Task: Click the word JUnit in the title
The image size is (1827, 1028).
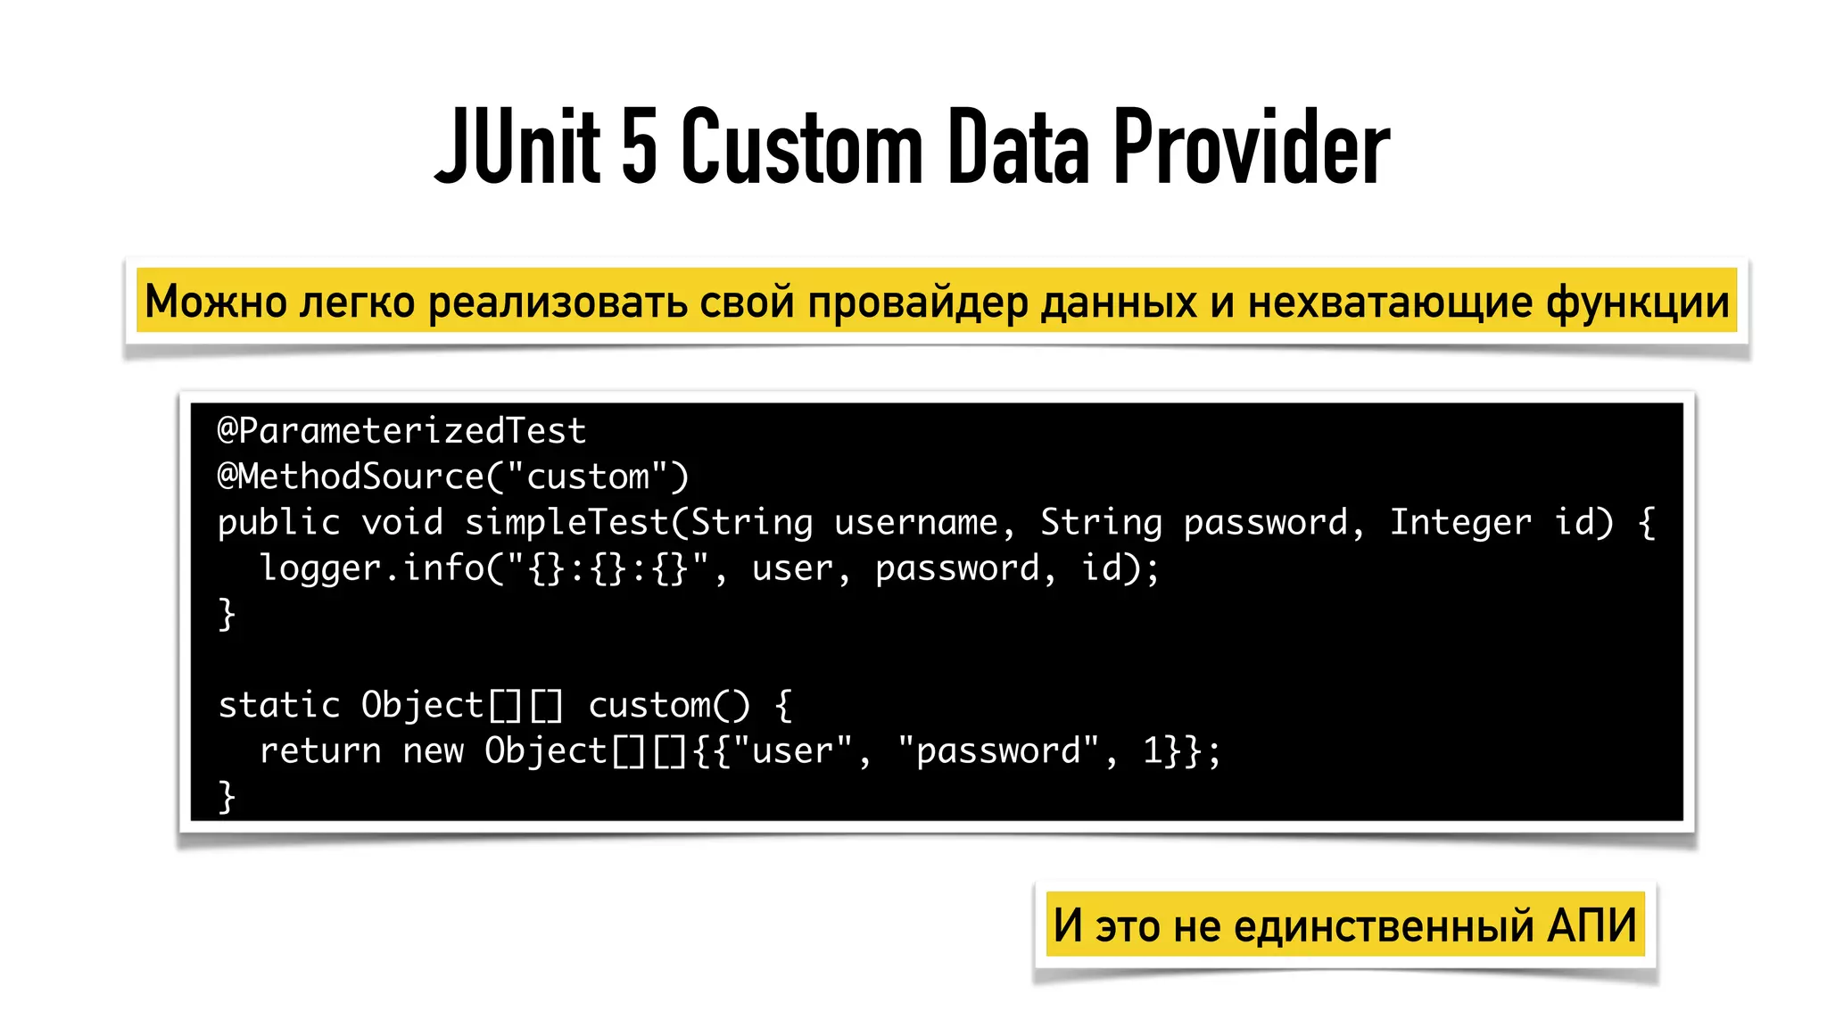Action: [517, 147]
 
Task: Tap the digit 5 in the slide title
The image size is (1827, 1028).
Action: [639, 147]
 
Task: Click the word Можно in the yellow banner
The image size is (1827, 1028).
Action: [215, 302]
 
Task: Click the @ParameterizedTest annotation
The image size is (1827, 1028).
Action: [401, 431]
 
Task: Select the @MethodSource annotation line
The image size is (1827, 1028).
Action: [453, 477]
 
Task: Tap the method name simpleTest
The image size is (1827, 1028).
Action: [566, 523]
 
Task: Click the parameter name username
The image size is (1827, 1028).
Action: [915, 523]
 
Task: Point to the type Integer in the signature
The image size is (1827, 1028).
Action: [1460, 523]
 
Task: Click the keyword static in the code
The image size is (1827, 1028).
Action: [279, 706]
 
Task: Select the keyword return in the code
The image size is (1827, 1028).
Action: [320, 751]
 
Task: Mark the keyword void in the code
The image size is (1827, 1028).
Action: [401, 523]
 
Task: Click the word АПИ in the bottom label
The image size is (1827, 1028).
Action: [1591, 925]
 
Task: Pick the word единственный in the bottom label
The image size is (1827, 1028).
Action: [1384, 926]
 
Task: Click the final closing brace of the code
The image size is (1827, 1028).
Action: [227, 797]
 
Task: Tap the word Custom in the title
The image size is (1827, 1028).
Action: [801, 147]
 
